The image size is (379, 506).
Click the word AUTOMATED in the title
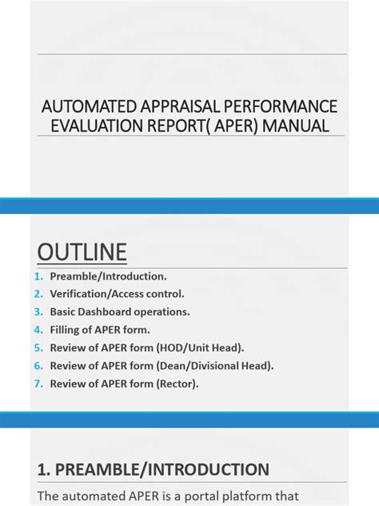tap(82, 106)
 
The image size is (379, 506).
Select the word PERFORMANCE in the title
tap(279, 106)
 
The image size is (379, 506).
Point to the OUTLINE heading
tap(82, 253)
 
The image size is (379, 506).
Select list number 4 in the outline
tap(38, 330)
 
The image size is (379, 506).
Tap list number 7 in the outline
tap(38, 384)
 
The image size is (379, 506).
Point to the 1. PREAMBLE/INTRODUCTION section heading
tap(153, 469)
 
